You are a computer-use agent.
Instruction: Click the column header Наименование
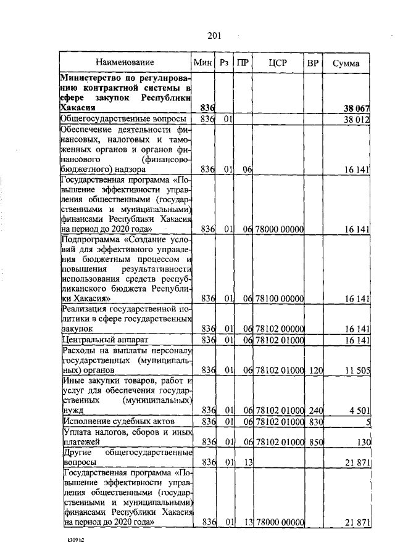(x=125, y=62)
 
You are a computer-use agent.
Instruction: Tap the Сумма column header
(x=346, y=63)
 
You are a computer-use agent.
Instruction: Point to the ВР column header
(x=314, y=62)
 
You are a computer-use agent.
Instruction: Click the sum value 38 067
(x=356, y=109)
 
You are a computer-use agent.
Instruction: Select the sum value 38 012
(x=356, y=119)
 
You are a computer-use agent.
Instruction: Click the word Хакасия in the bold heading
(x=77, y=108)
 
